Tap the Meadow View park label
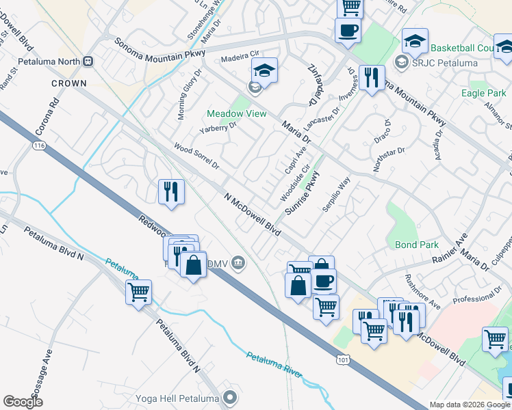[237, 114]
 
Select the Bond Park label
[416, 244]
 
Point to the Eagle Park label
[483, 93]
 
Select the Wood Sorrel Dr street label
[196, 155]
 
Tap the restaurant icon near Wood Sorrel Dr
[169, 191]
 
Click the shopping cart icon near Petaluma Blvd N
[138, 292]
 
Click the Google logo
[23, 402]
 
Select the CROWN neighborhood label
[68, 83]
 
